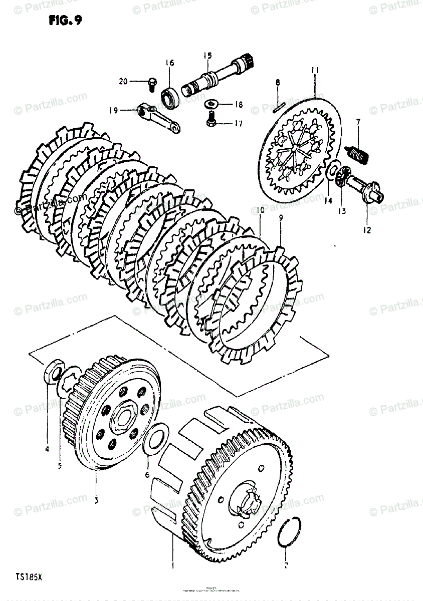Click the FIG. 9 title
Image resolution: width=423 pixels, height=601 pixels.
(x=66, y=21)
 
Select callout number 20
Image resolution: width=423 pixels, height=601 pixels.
(x=123, y=82)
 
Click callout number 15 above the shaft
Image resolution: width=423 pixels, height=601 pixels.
(x=207, y=55)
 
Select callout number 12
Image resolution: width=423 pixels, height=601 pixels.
(x=367, y=231)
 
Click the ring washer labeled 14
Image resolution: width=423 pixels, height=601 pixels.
(x=332, y=171)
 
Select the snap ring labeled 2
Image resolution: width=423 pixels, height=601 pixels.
(x=290, y=531)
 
